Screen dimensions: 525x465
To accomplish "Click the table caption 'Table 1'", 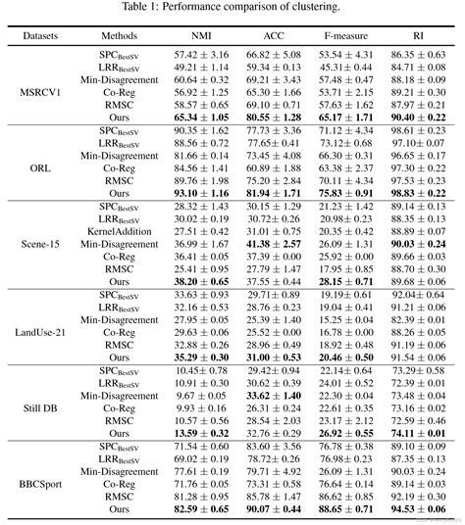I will (x=232, y=8).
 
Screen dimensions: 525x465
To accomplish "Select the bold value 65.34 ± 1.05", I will (x=200, y=117).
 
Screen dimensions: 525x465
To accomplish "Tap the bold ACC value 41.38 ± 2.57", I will (x=273, y=243).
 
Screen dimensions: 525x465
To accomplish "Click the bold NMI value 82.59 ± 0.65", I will (x=200, y=508).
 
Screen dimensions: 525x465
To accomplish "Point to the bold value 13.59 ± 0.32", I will (x=200, y=432).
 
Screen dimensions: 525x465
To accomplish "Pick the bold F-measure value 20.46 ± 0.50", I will (x=345, y=358).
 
